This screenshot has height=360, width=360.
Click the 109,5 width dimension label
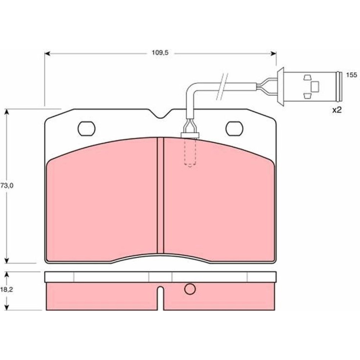(160, 53)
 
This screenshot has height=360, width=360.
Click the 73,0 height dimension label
(6, 186)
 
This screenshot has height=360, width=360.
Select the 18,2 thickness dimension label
(6, 290)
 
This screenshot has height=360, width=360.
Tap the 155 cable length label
(351, 75)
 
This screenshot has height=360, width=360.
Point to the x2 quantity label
(337, 110)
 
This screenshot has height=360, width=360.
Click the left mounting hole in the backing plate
(86, 129)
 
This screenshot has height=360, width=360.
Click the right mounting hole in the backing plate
(234, 129)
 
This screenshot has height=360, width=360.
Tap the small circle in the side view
(190, 289)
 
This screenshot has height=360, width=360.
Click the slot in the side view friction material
(161, 298)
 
